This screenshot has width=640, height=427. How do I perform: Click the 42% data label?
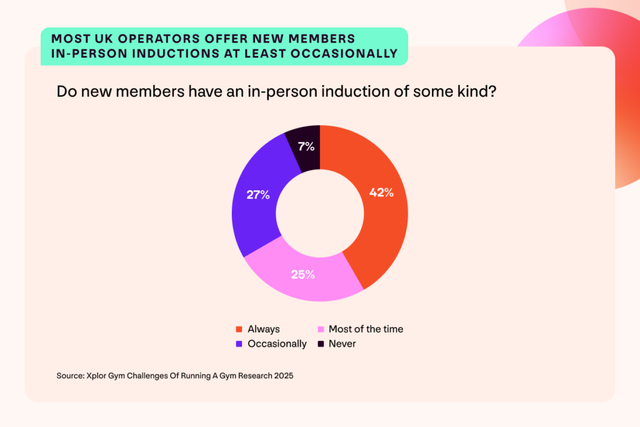[x=381, y=193]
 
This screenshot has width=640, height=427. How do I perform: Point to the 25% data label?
[x=302, y=274]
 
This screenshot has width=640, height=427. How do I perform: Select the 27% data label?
[x=257, y=195]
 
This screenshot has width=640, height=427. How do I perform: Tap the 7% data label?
[x=307, y=148]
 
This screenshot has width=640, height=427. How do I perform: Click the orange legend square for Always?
[x=239, y=329]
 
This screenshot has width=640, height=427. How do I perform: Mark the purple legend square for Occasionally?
[x=239, y=344]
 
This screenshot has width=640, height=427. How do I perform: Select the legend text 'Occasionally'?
[x=277, y=344]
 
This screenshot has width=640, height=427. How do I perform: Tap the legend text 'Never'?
[x=342, y=344]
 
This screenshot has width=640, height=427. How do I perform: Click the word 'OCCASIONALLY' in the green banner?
[x=346, y=54]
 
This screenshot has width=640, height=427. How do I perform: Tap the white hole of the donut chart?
[x=320, y=213]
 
